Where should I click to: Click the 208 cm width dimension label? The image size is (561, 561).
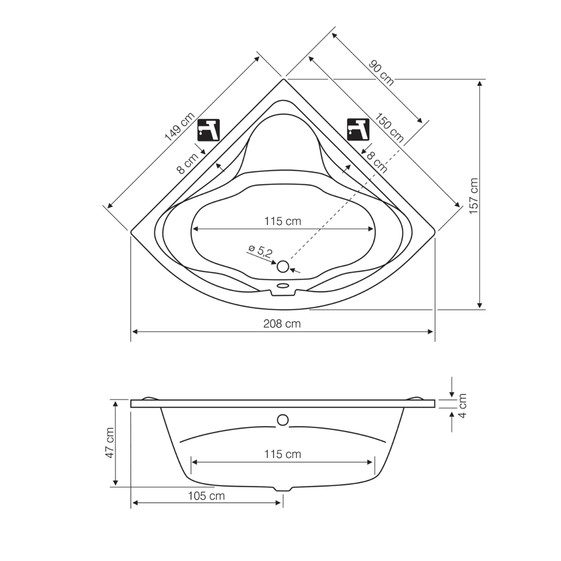[x=282, y=324]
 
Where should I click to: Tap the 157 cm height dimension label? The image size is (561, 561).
[x=474, y=196]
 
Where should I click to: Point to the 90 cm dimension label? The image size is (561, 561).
[x=381, y=72]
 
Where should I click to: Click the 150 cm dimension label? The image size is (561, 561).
[x=388, y=128]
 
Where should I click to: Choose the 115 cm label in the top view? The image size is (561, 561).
[x=282, y=221]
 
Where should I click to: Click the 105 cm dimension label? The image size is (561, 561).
[x=207, y=496]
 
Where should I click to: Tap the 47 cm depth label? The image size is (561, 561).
[x=110, y=443]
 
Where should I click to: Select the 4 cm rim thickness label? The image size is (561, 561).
[x=462, y=405]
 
